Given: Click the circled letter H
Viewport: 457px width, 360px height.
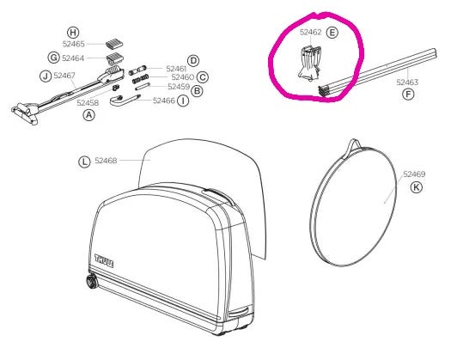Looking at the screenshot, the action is point(73,32).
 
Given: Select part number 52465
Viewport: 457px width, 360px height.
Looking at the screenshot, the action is point(74,44).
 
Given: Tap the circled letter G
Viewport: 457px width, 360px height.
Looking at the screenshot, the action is point(54,58).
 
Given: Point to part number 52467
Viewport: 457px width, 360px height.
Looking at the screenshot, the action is point(64,76).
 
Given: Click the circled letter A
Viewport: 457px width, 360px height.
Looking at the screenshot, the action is point(88,115).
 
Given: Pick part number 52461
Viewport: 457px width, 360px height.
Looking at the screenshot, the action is point(176,69).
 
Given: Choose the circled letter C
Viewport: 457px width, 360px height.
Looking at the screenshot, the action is point(203,77).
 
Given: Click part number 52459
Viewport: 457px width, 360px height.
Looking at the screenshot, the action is point(179,87).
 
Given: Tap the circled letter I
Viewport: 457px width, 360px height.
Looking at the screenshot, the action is point(183,101).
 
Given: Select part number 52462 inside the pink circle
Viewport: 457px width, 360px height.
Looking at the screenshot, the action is point(311,32).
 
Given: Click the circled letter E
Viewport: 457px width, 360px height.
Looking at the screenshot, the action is point(332,33).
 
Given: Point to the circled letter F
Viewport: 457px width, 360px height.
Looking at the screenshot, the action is point(408,95).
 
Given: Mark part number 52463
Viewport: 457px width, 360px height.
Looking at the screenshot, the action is point(407,82).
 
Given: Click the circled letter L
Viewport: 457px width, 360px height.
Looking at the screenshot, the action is point(84,162).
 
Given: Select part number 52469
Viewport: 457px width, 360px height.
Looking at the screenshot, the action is point(414,174).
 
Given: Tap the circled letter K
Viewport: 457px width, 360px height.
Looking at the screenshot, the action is point(416,186).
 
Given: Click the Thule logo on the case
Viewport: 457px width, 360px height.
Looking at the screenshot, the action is point(104,261).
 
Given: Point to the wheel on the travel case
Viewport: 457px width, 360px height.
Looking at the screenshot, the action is point(93,281).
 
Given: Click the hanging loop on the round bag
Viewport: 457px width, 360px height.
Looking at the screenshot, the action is point(355,144).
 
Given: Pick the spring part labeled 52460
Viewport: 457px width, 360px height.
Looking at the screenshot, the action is point(141,79).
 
